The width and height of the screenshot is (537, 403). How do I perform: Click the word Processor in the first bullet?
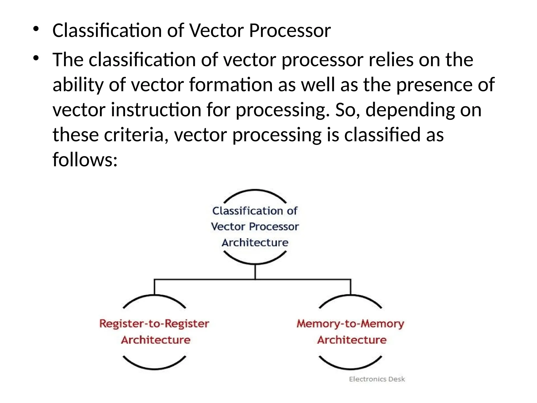tap(290, 31)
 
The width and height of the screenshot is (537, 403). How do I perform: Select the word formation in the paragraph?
tap(231, 85)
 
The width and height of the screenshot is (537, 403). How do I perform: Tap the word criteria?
tap(136, 135)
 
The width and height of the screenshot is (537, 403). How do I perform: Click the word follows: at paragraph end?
tap(85, 160)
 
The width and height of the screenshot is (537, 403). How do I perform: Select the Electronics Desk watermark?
tap(377, 379)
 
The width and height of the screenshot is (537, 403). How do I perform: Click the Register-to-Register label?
tap(154, 324)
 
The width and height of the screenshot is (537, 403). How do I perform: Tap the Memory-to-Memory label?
tap(350, 324)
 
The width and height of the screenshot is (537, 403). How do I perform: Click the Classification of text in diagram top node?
tap(255, 211)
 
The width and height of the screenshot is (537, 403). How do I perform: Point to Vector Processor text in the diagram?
tap(255, 226)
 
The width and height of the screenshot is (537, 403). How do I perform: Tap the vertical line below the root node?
tap(255, 272)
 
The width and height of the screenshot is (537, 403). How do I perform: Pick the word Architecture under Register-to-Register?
tap(155, 340)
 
